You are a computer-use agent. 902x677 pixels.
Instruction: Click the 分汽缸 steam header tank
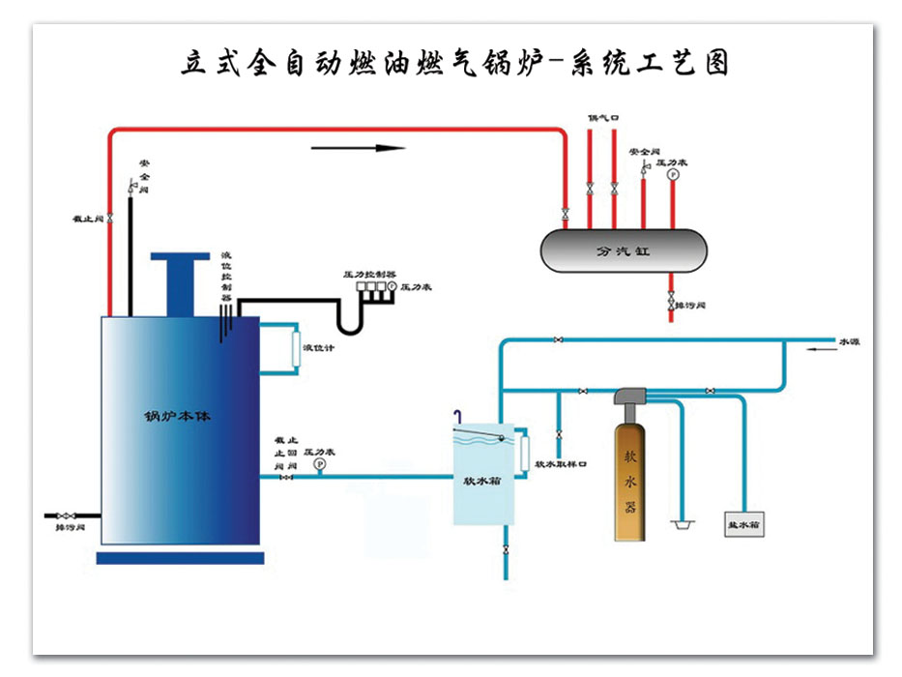point(623,250)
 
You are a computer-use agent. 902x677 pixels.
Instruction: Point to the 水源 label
point(848,341)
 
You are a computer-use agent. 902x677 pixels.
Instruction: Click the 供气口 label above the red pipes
point(603,117)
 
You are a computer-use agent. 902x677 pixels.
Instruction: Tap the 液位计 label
point(318,348)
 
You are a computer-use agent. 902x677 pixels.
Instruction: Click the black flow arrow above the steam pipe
point(358,148)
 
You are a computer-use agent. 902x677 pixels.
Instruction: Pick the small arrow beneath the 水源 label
point(823,354)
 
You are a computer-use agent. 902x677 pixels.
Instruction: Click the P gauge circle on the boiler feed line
point(320,465)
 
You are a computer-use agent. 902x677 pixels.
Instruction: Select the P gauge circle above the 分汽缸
point(673,175)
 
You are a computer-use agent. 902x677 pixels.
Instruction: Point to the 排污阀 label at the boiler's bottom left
point(71,528)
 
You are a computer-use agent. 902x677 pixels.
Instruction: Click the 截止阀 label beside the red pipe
point(87,219)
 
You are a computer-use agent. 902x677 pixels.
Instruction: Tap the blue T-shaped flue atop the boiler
point(180,280)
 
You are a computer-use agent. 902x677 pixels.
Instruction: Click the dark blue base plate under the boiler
point(180,558)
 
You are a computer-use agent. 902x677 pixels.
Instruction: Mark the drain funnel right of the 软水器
point(684,524)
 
